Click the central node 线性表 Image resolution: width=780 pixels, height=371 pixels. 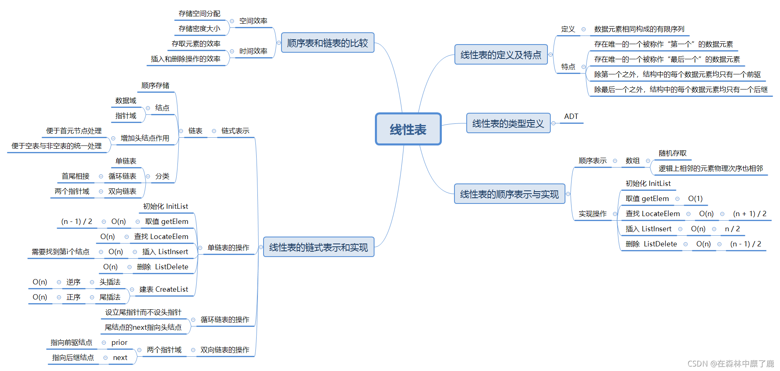[x=408, y=129]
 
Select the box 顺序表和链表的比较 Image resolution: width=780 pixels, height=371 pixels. [x=328, y=43]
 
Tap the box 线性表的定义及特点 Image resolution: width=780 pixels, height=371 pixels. [x=501, y=55]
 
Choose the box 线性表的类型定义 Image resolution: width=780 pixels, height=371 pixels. [x=508, y=123]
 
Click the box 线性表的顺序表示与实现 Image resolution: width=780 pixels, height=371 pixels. [x=510, y=194]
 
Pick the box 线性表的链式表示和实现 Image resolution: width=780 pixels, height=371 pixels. [x=319, y=247]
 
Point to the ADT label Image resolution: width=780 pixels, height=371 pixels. [x=571, y=116]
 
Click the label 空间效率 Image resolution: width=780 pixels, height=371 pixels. [x=253, y=21]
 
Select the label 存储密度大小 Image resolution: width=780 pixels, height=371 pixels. [x=199, y=29]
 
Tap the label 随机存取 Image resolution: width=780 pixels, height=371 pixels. [x=673, y=153]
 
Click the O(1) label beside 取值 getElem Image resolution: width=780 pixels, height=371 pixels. [x=695, y=199]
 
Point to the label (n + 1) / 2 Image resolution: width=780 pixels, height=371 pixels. [x=749, y=214]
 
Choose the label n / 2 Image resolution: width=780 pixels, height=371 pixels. [x=732, y=229]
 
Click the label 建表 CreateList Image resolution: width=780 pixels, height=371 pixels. [x=164, y=289]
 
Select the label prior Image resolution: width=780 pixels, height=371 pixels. [x=119, y=342]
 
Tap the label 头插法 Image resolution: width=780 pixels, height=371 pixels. [x=110, y=282]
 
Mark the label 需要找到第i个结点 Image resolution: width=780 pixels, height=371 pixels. [x=60, y=252]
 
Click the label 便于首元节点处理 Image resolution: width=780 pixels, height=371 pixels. [x=74, y=131]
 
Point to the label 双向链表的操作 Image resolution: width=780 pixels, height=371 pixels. [x=225, y=350]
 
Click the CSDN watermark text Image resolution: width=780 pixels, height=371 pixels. [x=731, y=364]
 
